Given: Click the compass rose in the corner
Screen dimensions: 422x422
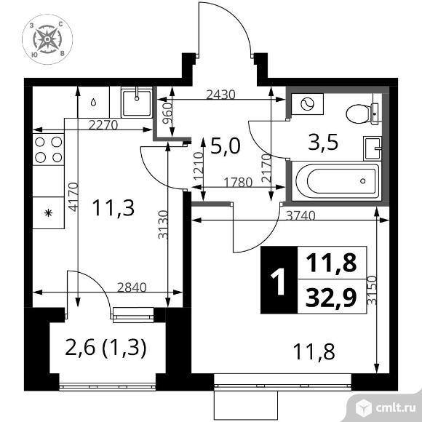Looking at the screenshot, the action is (x=47, y=39).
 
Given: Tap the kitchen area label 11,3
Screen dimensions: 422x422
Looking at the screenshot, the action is (x=113, y=208).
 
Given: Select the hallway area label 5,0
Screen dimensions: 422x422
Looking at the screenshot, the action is (x=226, y=146).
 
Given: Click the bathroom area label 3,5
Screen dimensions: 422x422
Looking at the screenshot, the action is (x=323, y=142).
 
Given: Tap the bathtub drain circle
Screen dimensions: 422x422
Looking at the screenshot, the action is (x=363, y=181).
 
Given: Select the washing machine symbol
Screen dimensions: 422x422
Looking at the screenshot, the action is (x=307, y=104).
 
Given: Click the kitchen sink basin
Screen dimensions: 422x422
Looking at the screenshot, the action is (x=137, y=103).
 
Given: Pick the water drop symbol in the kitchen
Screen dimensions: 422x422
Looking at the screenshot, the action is (x=93, y=103).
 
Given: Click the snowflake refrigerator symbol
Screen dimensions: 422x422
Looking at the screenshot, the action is (x=49, y=213).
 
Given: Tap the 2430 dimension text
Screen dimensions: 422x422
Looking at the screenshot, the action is (x=220, y=95).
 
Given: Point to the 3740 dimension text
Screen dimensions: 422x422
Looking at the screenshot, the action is (x=300, y=215).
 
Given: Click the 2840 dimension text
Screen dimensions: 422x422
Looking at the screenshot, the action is (x=132, y=287).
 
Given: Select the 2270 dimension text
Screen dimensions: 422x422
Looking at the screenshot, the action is (x=103, y=125).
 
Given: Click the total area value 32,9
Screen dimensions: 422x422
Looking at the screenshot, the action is (x=331, y=297).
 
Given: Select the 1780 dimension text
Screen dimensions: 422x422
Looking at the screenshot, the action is (x=238, y=183).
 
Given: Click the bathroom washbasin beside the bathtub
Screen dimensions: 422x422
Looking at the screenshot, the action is (x=373, y=148).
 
